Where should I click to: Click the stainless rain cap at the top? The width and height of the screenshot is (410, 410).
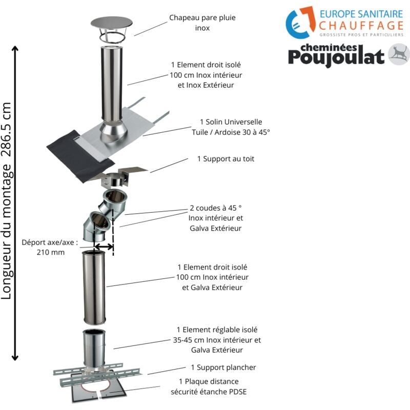[111, 24]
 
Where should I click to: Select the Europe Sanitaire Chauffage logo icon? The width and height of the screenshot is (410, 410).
[300, 23]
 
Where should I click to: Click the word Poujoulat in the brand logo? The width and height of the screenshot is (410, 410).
[335, 57]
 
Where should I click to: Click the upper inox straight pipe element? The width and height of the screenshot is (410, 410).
[112, 82]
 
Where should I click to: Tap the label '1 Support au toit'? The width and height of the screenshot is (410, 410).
[225, 159]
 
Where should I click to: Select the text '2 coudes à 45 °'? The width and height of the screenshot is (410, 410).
[215, 209]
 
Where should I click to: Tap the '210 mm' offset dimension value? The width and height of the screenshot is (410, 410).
[50, 252]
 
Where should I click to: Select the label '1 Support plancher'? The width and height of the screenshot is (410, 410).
[223, 367]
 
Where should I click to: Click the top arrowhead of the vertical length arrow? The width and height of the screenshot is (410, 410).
[16, 50]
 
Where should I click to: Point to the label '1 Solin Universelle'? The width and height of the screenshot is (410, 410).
[231, 122]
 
